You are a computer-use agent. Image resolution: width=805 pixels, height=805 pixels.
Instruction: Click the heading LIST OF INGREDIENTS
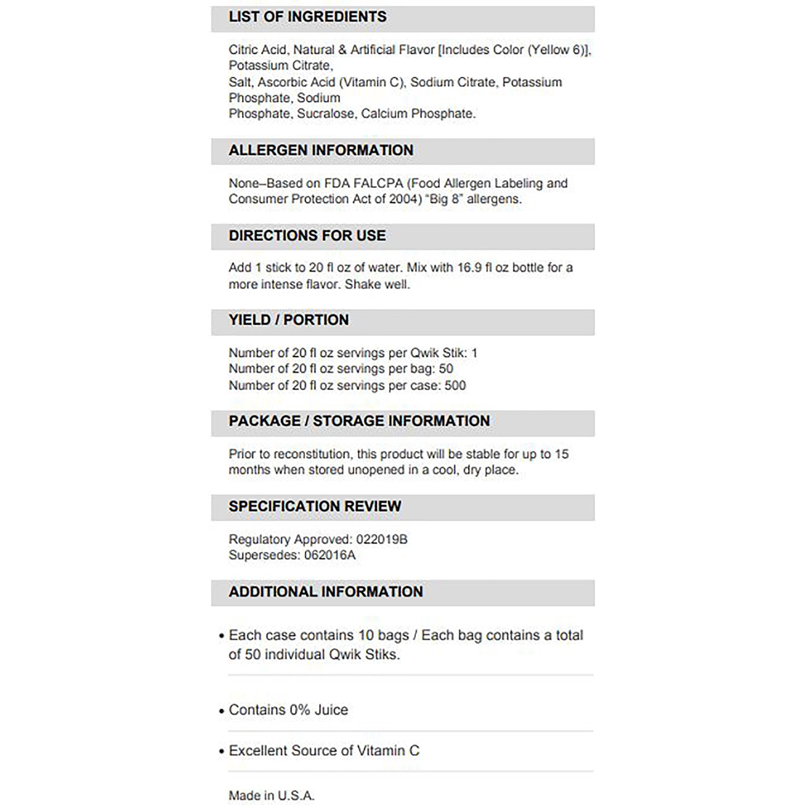tap(308, 17)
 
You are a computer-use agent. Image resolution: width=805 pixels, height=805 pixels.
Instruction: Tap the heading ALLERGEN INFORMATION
tap(321, 151)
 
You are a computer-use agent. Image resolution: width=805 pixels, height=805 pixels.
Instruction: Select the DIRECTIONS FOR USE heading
tap(307, 236)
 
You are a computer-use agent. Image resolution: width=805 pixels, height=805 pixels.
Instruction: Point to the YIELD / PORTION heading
tap(289, 320)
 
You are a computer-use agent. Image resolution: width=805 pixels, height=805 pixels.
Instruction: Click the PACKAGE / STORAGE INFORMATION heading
tap(359, 421)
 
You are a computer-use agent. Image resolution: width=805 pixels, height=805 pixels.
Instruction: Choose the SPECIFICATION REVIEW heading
tap(315, 506)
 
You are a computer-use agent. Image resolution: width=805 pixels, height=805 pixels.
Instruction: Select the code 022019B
tap(382, 540)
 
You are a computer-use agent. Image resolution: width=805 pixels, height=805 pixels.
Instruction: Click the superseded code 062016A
tap(330, 555)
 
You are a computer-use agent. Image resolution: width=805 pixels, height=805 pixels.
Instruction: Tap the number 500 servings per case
tap(455, 386)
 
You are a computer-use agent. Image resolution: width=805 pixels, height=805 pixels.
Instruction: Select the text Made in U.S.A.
tap(271, 795)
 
